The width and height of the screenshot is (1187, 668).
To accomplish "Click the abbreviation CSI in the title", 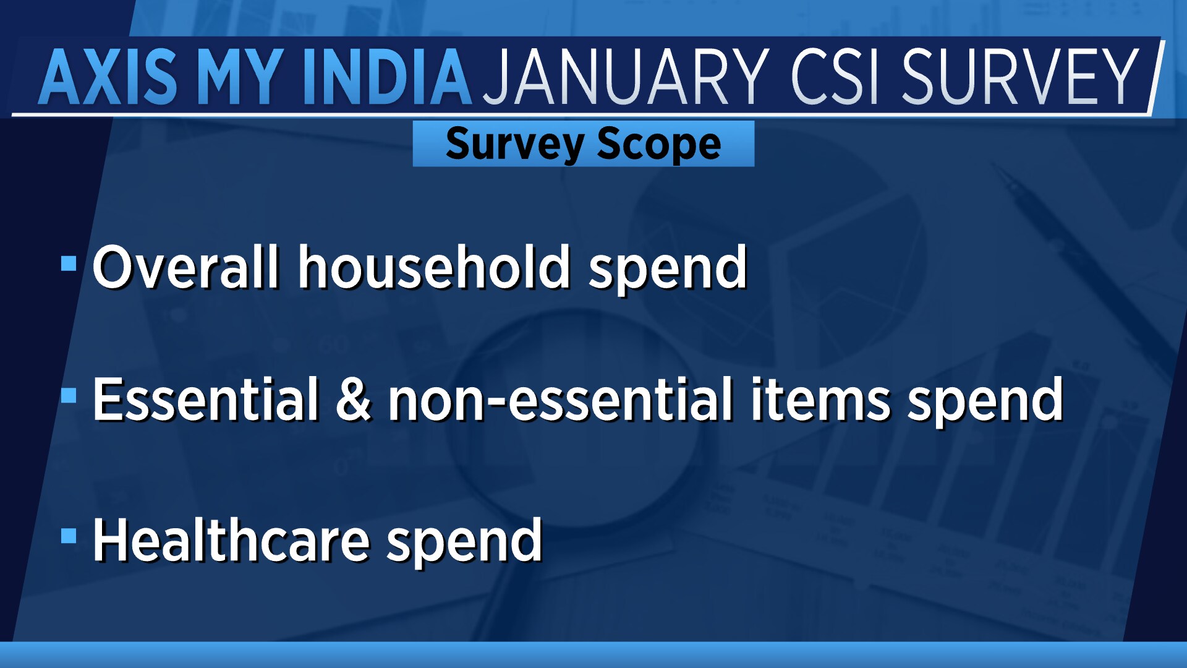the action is click(x=835, y=77).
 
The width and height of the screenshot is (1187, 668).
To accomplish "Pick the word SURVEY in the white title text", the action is click(x=1020, y=77).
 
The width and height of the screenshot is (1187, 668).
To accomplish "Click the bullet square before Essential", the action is click(x=69, y=395).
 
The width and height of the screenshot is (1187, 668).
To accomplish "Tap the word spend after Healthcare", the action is click(x=464, y=544).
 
